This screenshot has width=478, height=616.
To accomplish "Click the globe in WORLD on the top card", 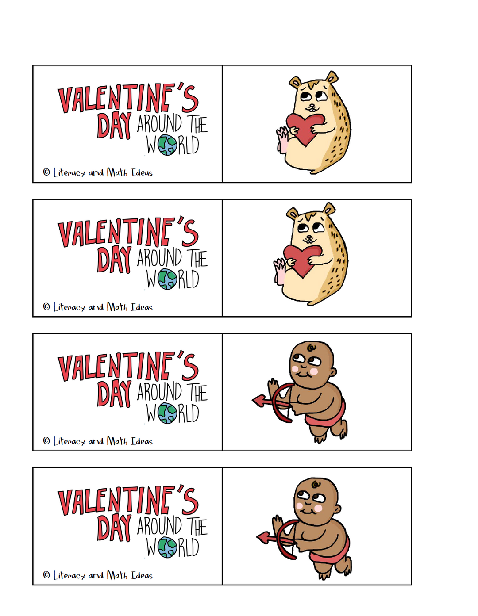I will coord(167,145).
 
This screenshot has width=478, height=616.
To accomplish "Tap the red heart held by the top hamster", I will coord(305,127).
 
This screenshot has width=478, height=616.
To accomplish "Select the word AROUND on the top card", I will coord(159,124).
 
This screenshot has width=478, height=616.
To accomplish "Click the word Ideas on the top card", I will coord(142,173).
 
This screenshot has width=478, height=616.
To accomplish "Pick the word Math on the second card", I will coord(117,307).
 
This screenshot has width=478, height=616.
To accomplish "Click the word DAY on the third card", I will coord(114,394).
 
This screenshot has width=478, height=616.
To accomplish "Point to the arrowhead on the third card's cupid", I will coord(258,401).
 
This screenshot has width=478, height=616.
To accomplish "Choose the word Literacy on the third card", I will coord(69,441).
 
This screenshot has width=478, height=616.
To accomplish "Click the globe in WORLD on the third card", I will coord(167,413).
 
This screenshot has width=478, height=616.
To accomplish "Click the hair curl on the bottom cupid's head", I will coord(316,485).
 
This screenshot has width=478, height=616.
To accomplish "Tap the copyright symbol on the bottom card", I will coord(46,575).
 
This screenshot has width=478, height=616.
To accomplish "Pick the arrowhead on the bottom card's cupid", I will coord(263,538).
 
